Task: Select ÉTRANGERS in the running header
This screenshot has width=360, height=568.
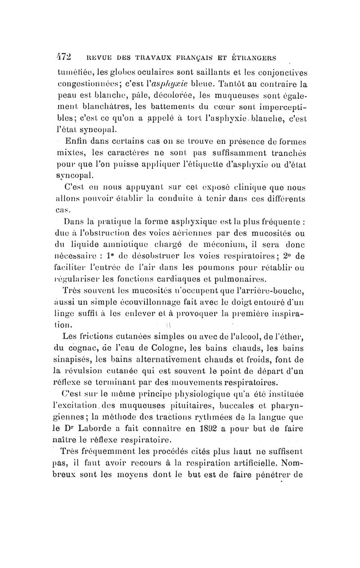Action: click(x=257, y=59)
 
